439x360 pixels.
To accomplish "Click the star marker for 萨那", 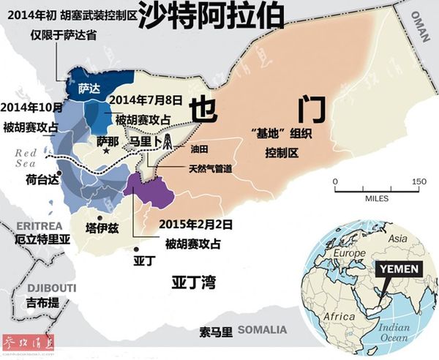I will (107, 150).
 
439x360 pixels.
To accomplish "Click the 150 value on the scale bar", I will (418, 181).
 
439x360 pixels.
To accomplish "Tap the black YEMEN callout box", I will (398, 269).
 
